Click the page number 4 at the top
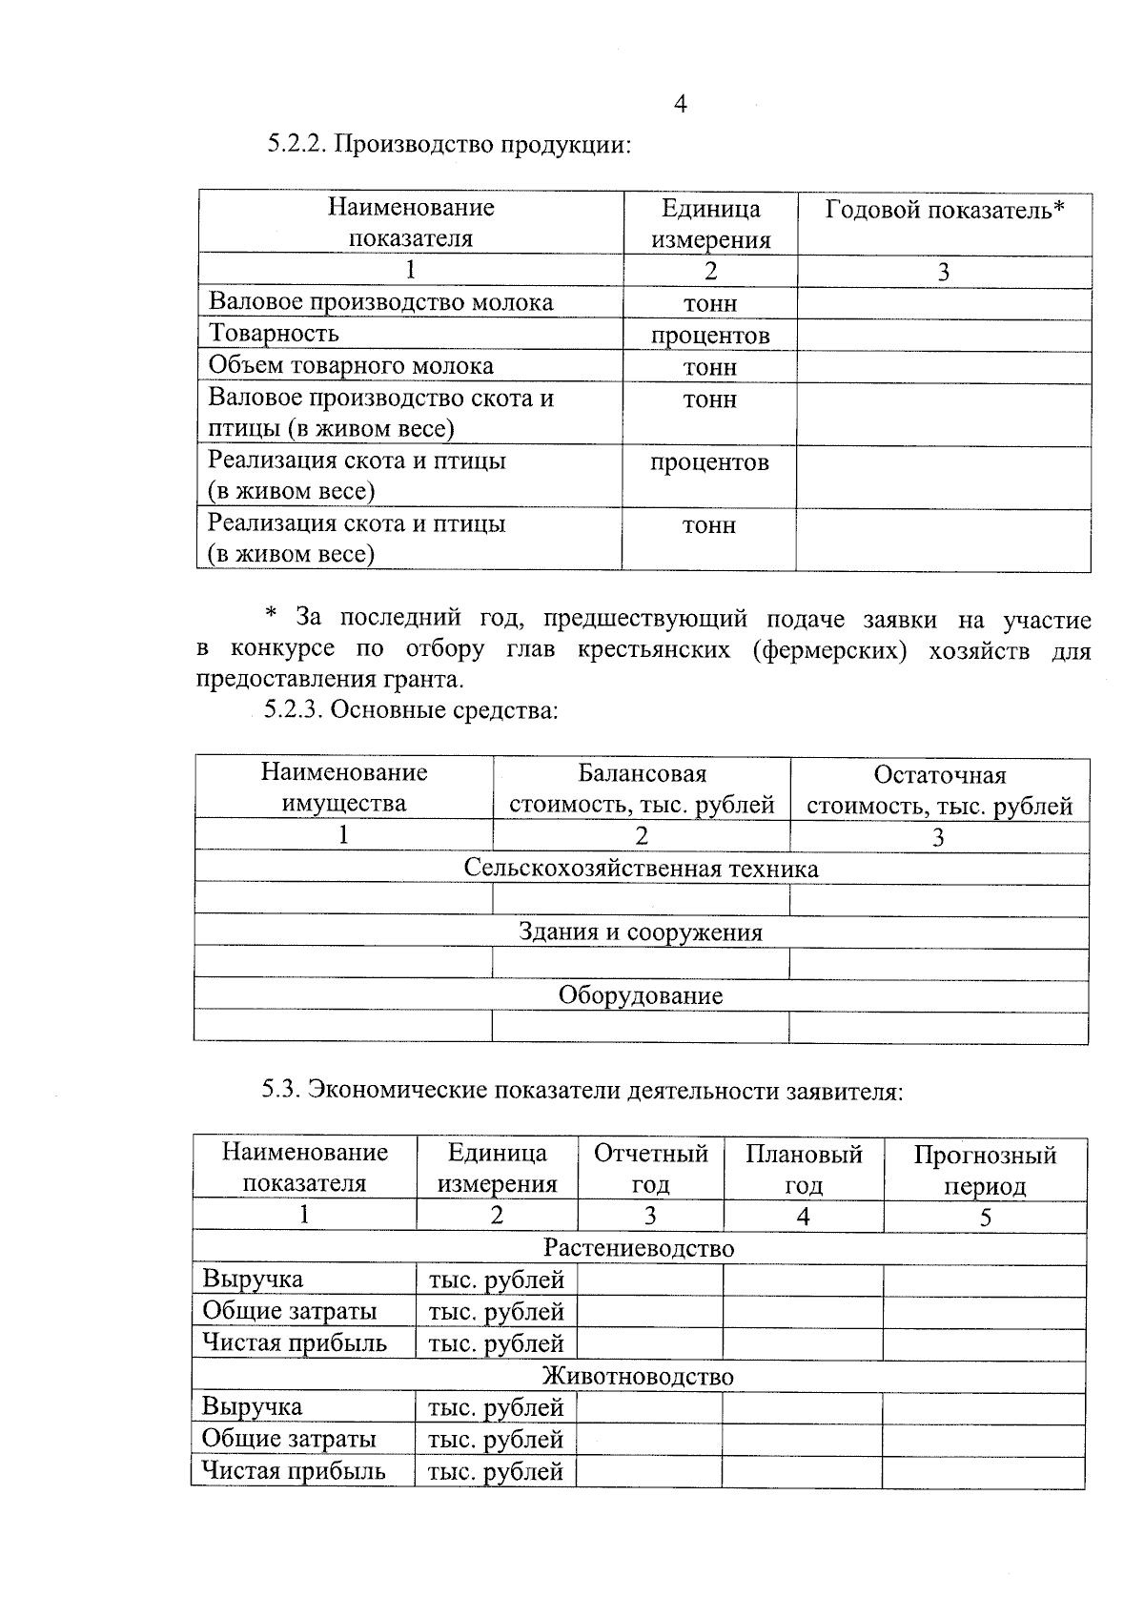(680, 104)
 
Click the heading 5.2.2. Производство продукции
(449, 145)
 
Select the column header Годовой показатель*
(944, 210)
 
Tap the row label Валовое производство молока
(380, 302)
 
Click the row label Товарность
(274, 334)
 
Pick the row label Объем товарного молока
(351, 366)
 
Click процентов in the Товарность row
(709, 336)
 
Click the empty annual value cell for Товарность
(943, 336)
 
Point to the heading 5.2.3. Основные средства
(410, 710)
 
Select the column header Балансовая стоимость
(642, 789)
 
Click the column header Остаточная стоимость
(939, 790)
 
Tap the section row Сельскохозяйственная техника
(641, 869)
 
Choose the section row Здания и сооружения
(641, 932)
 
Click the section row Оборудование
(641, 996)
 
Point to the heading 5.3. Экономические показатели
(582, 1091)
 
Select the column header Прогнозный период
(985, 1170)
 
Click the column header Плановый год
(804, 1170)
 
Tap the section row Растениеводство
(639, 1248)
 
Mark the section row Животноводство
(638, 1377)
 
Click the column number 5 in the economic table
(985, 1218)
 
